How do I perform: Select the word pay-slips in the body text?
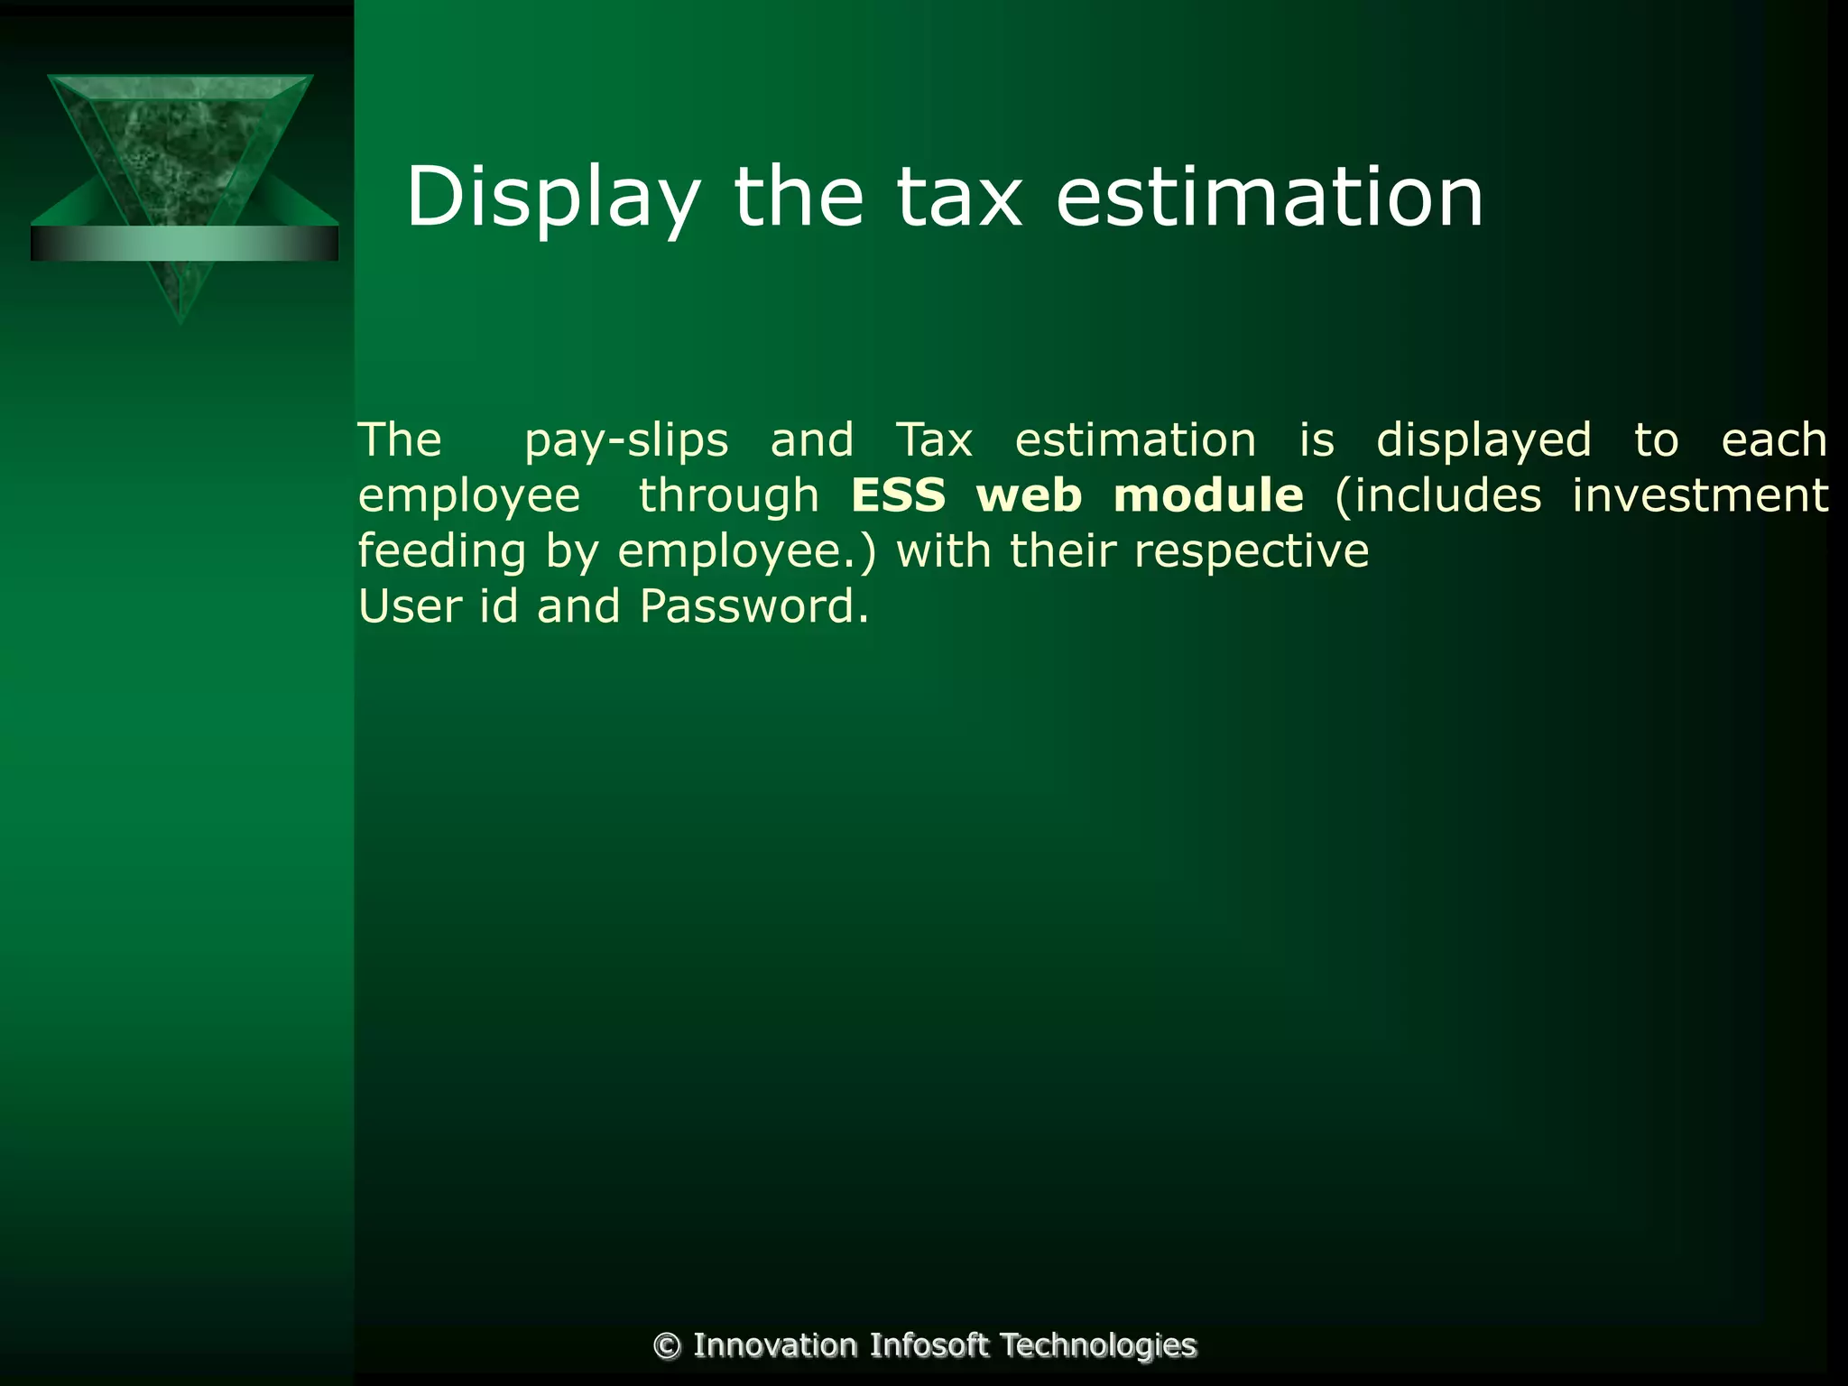(x=626, y=441)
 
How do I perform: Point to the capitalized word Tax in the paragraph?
(x=934, y=441)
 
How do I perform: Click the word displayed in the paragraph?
(x=1483, y=441)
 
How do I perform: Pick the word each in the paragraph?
(x=1773, y=441)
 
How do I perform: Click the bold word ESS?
(x=899, y=496)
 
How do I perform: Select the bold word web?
(x=1029, y=496)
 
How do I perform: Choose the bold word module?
(x=1208, y=496)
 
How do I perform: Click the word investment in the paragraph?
(x=1700, y=496)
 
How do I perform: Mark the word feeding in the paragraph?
(x=442, y=551)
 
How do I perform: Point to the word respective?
(x=1251, y=551)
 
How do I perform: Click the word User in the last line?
(x=411, y=606)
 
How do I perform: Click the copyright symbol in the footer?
(x=667, y=1346)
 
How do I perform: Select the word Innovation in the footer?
(x=774, y=1345)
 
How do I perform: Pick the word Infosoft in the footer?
(x=929, y=1345)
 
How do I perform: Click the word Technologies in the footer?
(x=1098, y=1345)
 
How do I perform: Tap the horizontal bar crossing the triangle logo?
(x=184, y=244)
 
